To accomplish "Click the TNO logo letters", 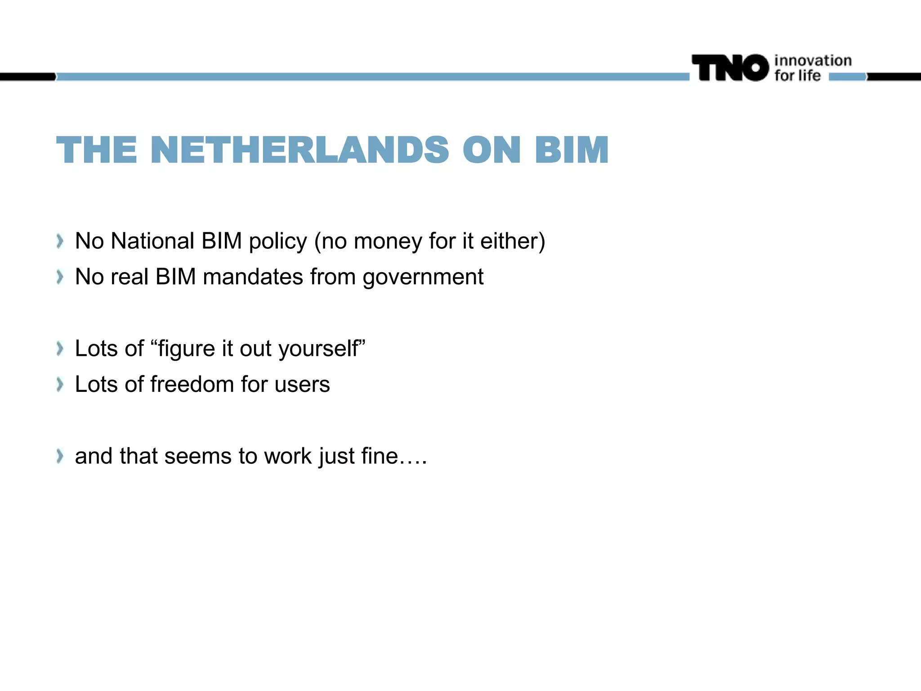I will [x=730, y=68].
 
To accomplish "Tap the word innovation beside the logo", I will [x=813, y=60].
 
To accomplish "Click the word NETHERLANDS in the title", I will [x=300, y=150].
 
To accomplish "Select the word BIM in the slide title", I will [x=572, y=150].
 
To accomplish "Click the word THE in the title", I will [x=97, y=150].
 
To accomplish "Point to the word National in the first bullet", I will [x=152, y=241].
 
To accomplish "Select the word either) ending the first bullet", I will [x=513, y=241].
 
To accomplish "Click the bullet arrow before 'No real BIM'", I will [x=60, y=277].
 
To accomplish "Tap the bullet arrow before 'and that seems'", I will [x=60, y=456].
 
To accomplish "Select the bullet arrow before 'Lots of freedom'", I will [x=60, y=385].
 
